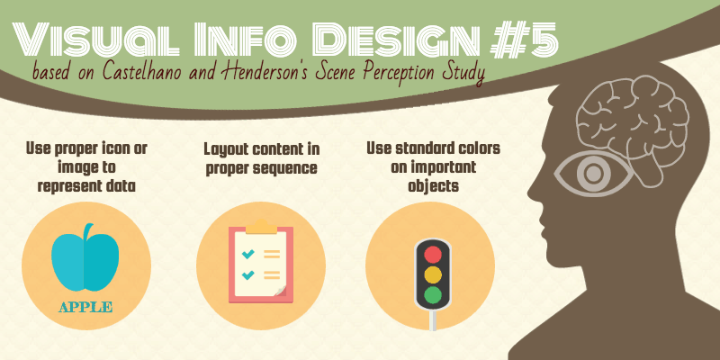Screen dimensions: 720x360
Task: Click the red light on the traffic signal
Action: coord(433,255)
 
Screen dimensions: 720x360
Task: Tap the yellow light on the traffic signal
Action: coord(433,274)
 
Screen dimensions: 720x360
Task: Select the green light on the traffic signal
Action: coord(433,294)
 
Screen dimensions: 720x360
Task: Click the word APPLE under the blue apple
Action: coord(85,307)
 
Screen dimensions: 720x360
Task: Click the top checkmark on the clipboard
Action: coord(248,253)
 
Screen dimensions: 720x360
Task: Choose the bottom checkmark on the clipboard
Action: coord(248,274)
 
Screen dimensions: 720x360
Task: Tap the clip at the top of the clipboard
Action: coord(261,227)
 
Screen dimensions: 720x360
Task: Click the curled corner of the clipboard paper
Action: coord(280,291)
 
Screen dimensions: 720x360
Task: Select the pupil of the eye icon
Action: coord(594,173)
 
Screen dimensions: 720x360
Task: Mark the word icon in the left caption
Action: coord(115,148)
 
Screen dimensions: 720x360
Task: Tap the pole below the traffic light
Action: coord(433,320)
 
